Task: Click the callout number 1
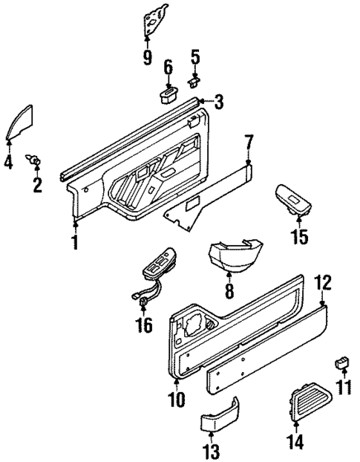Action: point(75,243)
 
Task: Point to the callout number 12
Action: point(321,282)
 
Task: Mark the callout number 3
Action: point(219,100)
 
